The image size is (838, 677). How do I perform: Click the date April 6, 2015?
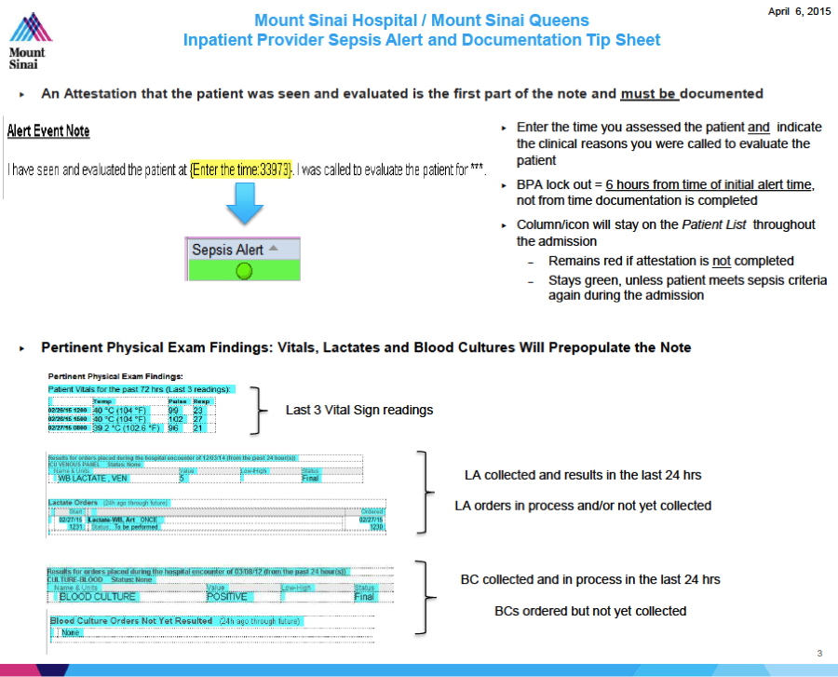(799, 11)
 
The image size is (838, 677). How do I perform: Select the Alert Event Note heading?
(48, 131)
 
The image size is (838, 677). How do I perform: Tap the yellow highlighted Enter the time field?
(242, 170)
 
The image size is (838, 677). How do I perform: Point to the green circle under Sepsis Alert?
(244, 271)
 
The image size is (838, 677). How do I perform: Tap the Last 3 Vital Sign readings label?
(359, 410)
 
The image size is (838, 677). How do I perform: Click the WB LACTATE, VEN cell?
(93, 479)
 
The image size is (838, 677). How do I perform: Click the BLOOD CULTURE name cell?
(98, 596)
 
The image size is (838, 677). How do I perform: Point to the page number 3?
(819, 653)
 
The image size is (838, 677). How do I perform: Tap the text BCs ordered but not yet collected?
(590, 611)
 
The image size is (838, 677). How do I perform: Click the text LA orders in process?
(583, 506)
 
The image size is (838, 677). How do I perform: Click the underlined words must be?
(650, 93)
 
